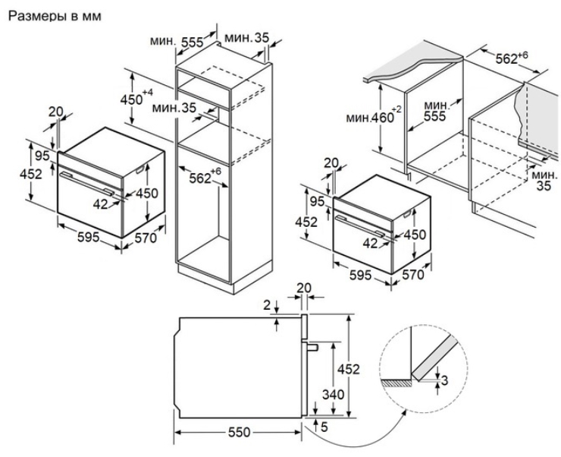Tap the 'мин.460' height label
[x=370, y=118]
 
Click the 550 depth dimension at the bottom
[x=240, y=432]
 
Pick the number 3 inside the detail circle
[x=445, y=380]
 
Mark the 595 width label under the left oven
[x=89, y=238]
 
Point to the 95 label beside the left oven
[x=42, y=156]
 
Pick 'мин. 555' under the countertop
[x=434, y=110]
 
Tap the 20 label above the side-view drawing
[x=305, y=288]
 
